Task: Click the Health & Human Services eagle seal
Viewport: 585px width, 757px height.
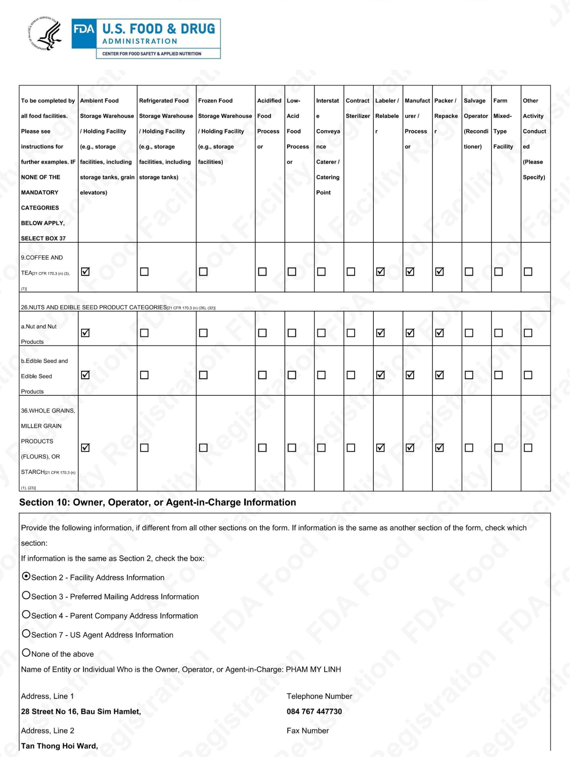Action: pos(45,34)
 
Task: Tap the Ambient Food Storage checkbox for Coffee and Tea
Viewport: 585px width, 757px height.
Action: pos(85,271)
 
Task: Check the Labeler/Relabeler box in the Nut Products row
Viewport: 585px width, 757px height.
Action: pos(381,333)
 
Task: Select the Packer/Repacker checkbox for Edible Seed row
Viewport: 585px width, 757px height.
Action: pos(439,375)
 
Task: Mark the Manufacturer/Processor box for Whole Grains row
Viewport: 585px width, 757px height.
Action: pos(410,448)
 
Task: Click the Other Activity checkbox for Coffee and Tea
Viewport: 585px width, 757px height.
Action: pos(528,271)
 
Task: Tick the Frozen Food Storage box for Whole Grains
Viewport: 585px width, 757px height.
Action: pos(203,448)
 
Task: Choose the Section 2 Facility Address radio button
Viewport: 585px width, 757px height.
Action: pos(26,576)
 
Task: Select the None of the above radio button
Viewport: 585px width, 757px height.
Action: pos(26,653)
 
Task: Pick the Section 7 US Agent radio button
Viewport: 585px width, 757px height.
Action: pos(26,634)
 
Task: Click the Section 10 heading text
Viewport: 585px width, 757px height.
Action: pos(158,503)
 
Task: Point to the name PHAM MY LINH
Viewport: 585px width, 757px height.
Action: pos(313,669)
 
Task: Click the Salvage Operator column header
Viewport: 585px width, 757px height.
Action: pos(476,123)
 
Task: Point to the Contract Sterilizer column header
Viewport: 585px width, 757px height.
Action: pos(357,108)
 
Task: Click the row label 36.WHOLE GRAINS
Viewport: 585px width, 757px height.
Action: pos(48,411)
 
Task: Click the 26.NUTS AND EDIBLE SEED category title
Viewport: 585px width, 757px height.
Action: pos(94,307)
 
